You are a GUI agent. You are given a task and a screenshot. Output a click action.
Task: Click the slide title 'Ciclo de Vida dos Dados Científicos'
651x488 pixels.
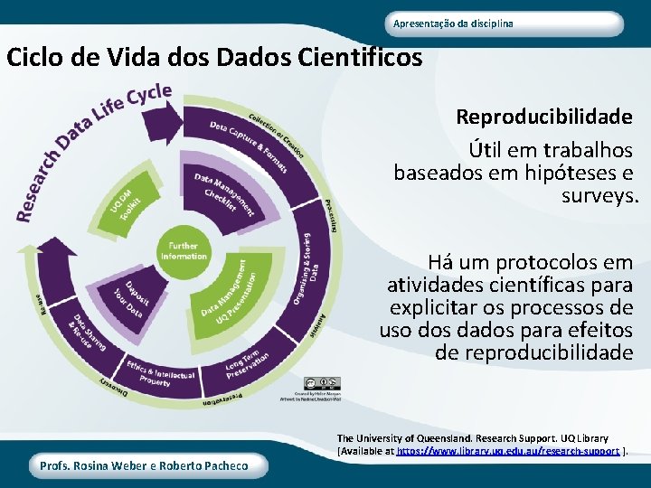[x=214, y=58]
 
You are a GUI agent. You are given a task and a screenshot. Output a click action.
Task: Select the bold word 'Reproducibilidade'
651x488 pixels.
[x=543, y=117]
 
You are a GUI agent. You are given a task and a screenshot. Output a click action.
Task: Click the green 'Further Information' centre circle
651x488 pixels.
[x=184, y=250]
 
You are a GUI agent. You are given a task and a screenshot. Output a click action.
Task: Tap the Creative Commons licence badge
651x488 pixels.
[x=322, y=384]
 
